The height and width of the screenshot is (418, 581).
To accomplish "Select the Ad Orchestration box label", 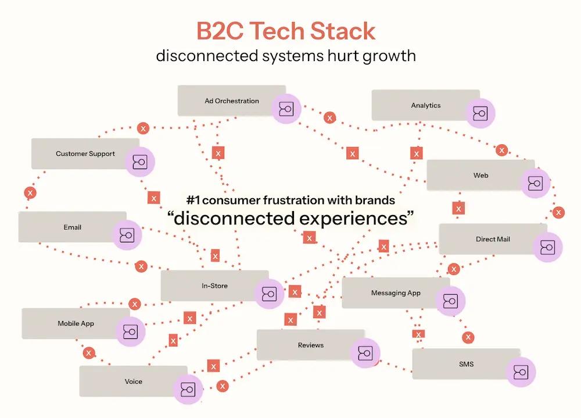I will tap(232, 101).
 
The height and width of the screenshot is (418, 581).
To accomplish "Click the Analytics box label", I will tap(426, 105).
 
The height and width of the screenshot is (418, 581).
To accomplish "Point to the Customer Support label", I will tap(85, 153).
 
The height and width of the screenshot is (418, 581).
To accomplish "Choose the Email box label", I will tap(73, 227).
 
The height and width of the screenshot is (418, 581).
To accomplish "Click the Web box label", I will tap(480, 175).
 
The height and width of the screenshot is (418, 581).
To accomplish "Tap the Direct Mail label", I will tap(493, 239).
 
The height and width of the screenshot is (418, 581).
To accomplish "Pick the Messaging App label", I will tap(396, 292).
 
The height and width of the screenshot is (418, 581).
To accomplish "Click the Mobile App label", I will tap(76, 323).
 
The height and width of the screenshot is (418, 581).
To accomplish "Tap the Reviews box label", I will tap(311, 345).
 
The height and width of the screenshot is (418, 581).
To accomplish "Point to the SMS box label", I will tap(466, 364).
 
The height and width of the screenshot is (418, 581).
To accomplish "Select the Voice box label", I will tap(133, 381).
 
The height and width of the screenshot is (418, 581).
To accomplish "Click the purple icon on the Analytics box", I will tap(480, 113).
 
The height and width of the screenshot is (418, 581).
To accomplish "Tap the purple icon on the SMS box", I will tap(521, 371).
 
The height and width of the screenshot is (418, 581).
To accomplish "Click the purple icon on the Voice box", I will tap(188, 389).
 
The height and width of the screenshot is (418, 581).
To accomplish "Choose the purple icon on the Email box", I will tap(127, 235).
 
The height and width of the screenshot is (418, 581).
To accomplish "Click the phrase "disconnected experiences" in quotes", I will tap(290, 219).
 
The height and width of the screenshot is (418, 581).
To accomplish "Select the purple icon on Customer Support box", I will tap(140, 162).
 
